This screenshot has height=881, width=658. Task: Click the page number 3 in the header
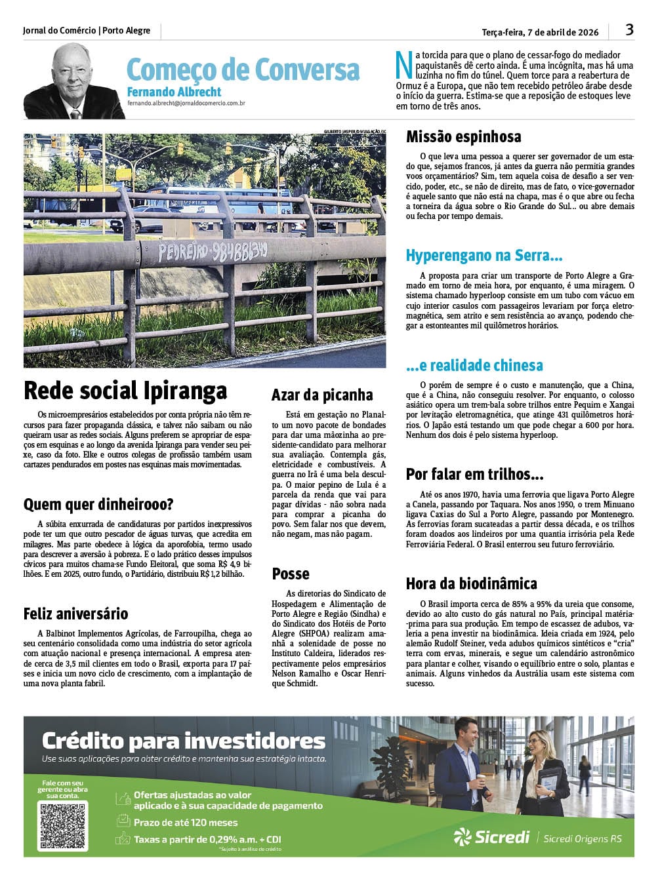pyautogui.click(x=629, y=30)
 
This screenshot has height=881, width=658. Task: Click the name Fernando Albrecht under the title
pyautogui.click(x=174, y=92)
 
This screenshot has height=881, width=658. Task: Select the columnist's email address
pyautogui.click(x=186, y=103)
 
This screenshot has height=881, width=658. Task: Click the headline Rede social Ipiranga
pyautogui.click(x=125, y=391)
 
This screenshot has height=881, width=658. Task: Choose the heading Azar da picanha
pyautogui.click(x=322, y=395)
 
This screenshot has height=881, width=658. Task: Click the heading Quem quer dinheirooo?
pyautogui.click(x=98, y=505)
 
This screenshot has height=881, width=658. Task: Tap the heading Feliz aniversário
pyautogui.click(x=75, y=614)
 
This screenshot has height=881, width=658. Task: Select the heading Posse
pyautogui.click(x=291, y=574)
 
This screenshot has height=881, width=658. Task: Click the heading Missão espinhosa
pyautogui.click(x=463, y=137)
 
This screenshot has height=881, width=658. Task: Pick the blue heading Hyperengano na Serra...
pyautogui.click(x=484, y=256)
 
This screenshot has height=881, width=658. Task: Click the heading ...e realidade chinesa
pyautogui.click(x=474, y=365)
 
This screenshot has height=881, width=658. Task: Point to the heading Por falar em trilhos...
pyautogui.click(x=474, y=475)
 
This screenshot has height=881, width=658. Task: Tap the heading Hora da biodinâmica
pyautogui.click(x=471, y=584)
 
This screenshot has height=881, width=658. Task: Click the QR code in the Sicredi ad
pyautogui.click(x=64, y=825)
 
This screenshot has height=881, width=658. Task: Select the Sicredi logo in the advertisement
pyautogui.click(x=492, y=837)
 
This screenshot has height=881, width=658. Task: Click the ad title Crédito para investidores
pyautogui.click(x=184, y=741)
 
